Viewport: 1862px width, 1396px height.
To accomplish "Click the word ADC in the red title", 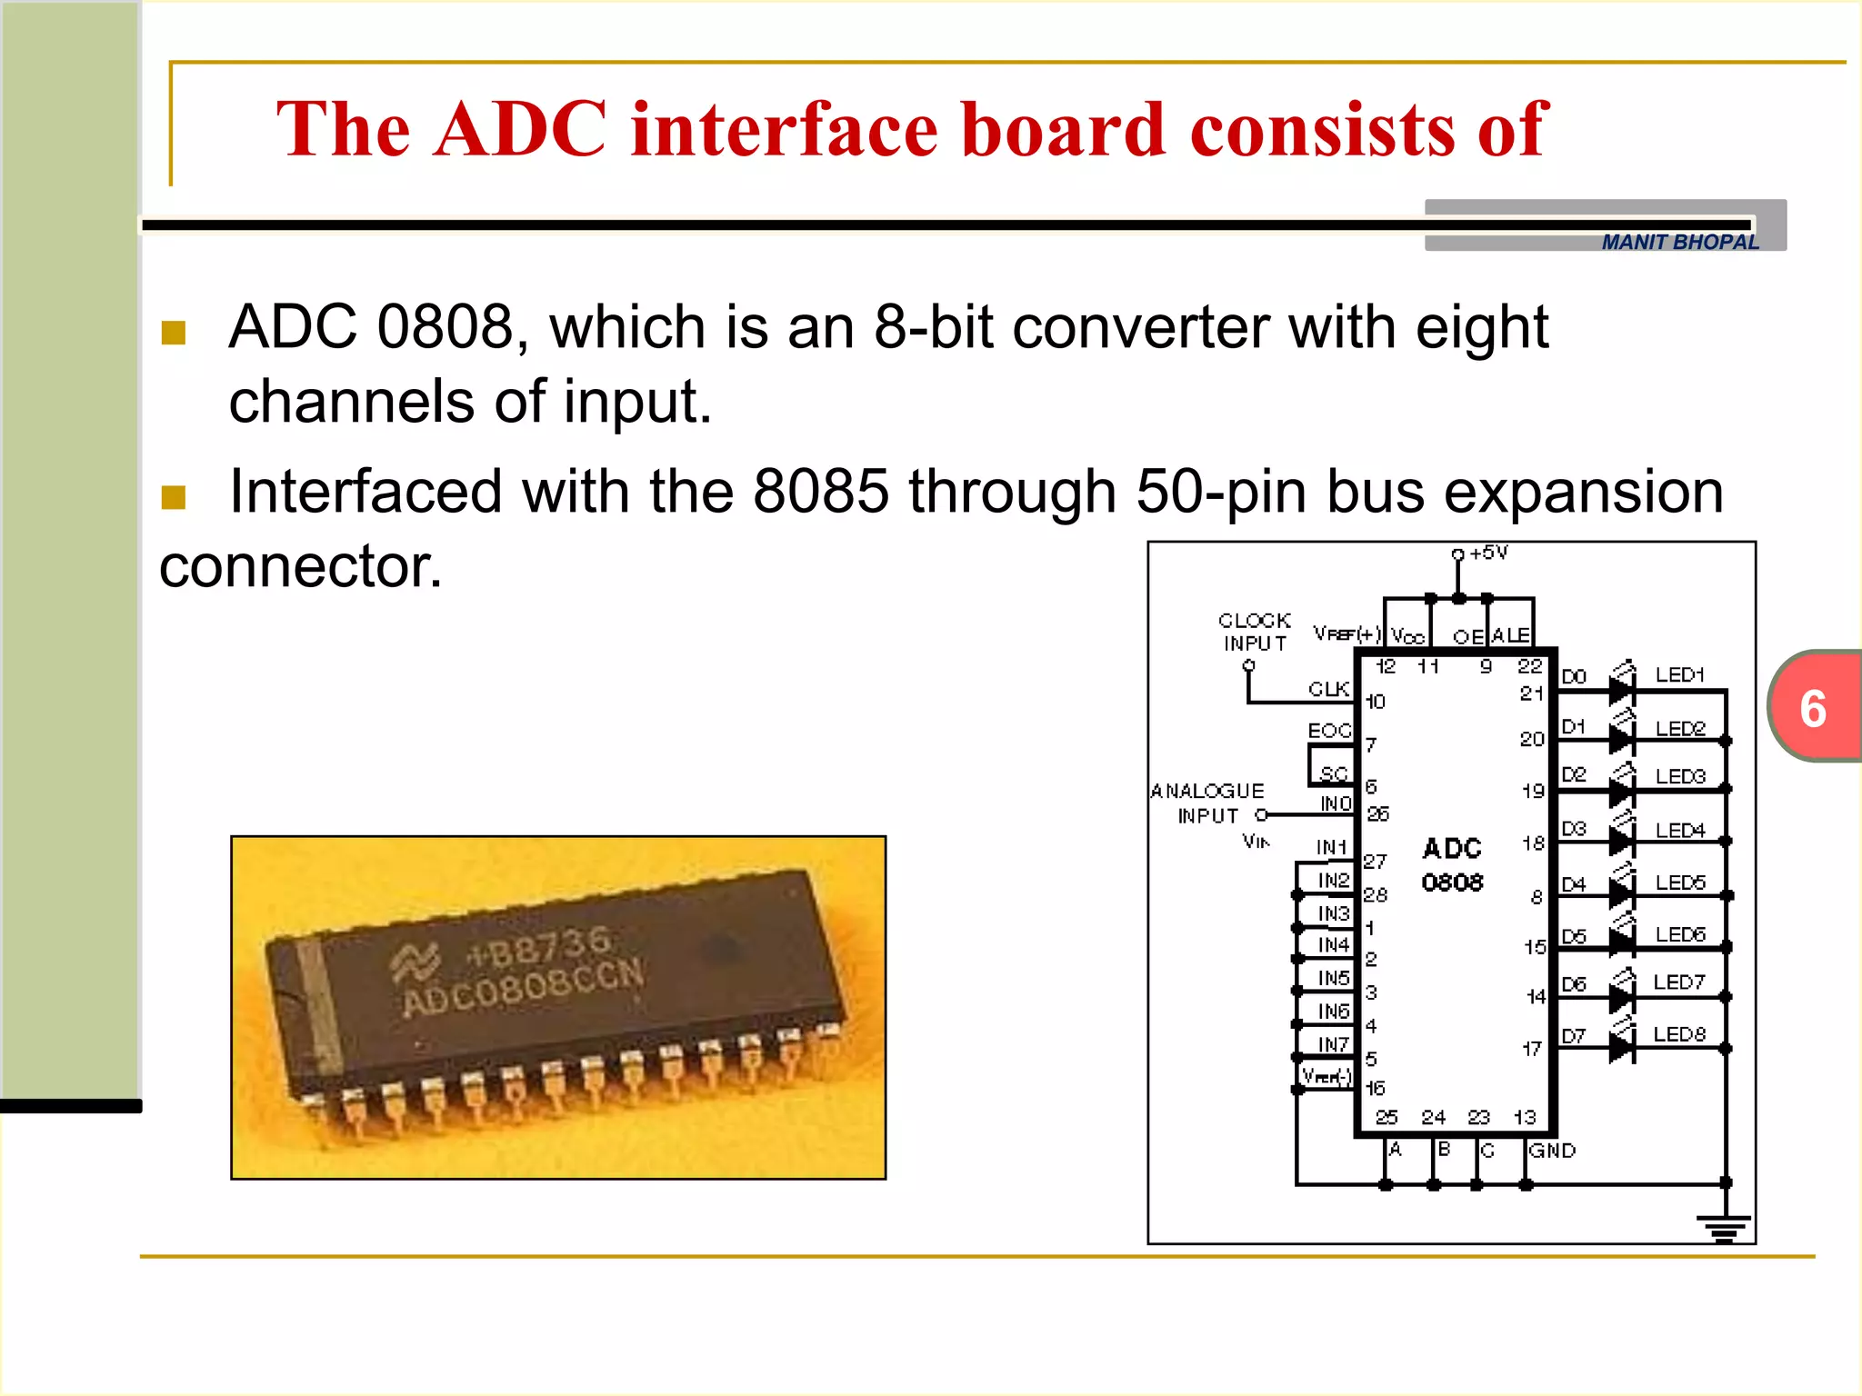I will (520, 129).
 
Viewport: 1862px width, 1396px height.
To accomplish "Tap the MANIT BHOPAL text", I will (1679, 243).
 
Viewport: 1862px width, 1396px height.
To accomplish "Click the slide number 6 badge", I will (1813, 708).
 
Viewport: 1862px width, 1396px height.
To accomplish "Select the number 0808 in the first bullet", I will (445, 327).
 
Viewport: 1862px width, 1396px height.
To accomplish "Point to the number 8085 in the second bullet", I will (820, 492).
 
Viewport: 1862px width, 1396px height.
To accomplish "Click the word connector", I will (300, 566).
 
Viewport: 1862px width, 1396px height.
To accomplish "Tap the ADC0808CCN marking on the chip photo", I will (524, 989).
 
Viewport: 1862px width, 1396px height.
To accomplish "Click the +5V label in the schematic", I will (1488, 553).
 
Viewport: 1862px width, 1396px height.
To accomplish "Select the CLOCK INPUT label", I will (1255, 632).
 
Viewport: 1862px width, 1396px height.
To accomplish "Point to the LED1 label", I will (1678, 675).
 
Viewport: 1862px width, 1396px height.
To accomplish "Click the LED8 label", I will (1678, 1034).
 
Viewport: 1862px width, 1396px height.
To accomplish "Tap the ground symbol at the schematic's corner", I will (1724, 1228).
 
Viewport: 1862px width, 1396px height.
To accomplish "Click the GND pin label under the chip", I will (1552, 1151).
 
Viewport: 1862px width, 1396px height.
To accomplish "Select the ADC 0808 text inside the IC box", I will (1452, 864).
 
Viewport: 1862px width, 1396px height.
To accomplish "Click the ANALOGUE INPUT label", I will (1207, 803).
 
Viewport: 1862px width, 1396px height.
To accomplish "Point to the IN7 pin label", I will (1333, 1044).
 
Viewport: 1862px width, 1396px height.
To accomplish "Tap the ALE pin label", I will (1510, 635).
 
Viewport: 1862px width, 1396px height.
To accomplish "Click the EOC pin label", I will (1329, 731).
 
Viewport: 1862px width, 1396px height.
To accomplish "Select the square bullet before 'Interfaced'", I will (173, 497).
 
